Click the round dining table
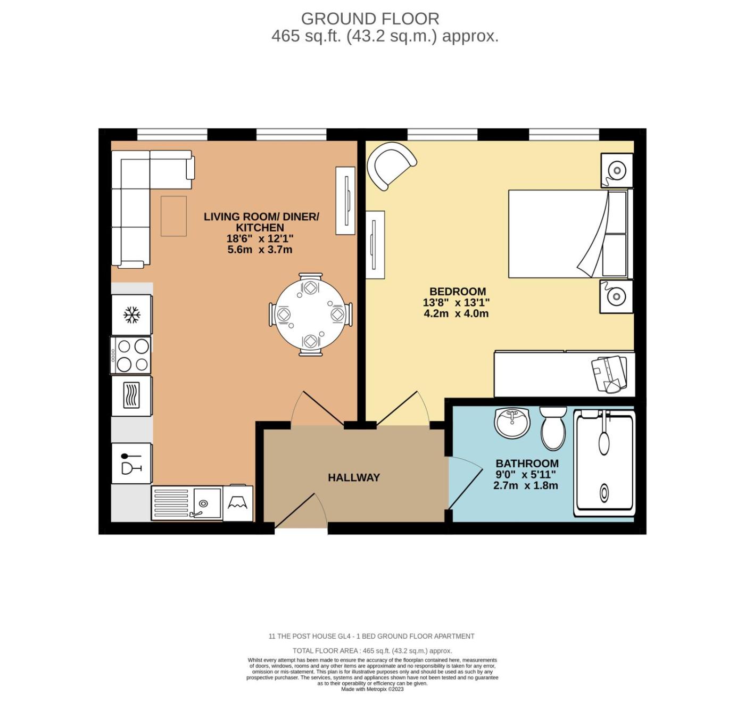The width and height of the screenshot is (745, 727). tap(310, 315)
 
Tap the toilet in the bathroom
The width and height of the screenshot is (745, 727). tap(553, 428)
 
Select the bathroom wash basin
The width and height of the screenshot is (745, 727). tap(512, 422)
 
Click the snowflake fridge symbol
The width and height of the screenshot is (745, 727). tap(131, 315)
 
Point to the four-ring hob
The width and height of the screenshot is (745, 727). tap(131, 355)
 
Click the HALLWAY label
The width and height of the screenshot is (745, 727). tap(354, 477)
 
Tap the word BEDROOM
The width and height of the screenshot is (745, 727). tap(458, 291)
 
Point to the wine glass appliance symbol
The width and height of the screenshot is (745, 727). tap(131, 464)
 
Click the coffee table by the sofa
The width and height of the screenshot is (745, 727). tap(173, 216)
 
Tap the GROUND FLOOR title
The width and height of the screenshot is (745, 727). tap(370, 19)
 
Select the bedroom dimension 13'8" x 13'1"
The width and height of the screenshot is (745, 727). tap(456, 302)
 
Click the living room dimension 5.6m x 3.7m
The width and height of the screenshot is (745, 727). tap(260, 250)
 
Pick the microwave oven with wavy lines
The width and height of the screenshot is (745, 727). tap(131, 396)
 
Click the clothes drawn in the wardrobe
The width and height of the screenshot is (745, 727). tap(609, 374)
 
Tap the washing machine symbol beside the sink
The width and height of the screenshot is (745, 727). tap(238, 503)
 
